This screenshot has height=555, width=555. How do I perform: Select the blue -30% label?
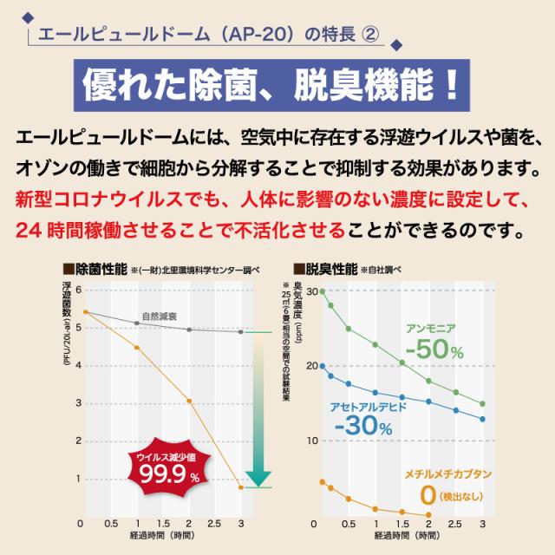click(x=362, y=425)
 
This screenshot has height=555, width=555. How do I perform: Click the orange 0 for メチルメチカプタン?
click(x=427, y=496)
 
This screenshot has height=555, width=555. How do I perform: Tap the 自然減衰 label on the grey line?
click(x=160, y=317)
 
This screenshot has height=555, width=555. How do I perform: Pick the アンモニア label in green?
click(x=431, y=327)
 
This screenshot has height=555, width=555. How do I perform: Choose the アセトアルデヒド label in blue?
click(x=365, y=406)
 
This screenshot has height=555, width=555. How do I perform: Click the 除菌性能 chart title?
click(x=101, y=269)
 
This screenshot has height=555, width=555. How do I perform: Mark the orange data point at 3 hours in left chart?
click(x=241, y=487)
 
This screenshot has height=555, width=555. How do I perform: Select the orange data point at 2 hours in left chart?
click(x=188, y=401)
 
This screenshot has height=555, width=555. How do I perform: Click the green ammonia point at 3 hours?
click(x=483, y=404)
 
